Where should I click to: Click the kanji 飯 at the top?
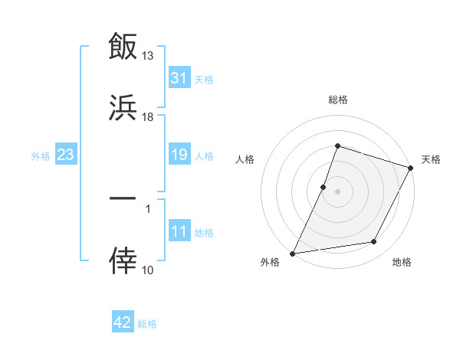click(x=123, y=46)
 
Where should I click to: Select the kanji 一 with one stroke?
click(x=123, y=198)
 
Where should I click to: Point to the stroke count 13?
click(x=148, y=56)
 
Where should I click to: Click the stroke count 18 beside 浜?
click(x=148, y=117)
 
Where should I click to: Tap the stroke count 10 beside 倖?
click(x=148, y=270)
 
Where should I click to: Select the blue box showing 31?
click(x=179, y=78)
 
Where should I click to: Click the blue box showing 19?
click(x=179, y=155)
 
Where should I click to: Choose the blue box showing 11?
click(x=179, y=231)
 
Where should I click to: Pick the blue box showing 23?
click(x=66, y=155)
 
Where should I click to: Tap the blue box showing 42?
click(x=123, y=322)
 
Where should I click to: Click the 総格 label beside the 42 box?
click(x=147, y=323)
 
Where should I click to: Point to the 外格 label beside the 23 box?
click(x=41, y=155)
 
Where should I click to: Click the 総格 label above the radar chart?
click(x=337, y=100)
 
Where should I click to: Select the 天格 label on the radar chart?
click(x=431, y=159)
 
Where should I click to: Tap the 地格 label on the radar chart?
click(x=402, y=262)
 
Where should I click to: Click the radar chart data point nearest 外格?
click(x=293, y=253)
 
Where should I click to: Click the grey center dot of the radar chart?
click(x=337, y=191)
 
